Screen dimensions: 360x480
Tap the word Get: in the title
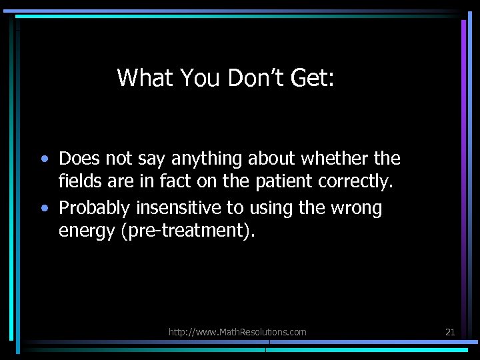[312, 78]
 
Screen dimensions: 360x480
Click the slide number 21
[450, 332]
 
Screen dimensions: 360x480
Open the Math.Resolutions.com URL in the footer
[237, 332]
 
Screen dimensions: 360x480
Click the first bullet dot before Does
[44, 159]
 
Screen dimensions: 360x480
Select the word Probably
[95, 209]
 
